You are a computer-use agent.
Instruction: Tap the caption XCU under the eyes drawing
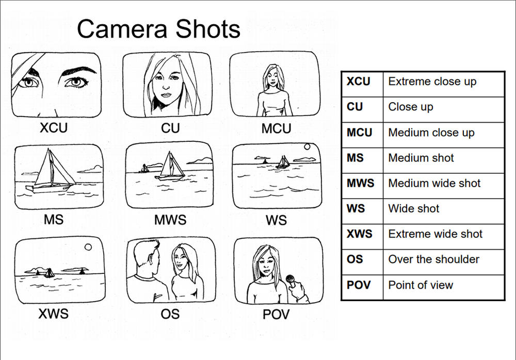(54, 128)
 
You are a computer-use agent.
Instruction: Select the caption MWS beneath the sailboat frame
(170, 220)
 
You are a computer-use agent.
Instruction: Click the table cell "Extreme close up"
(432, 81)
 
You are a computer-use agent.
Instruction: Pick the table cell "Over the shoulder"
(433, 259)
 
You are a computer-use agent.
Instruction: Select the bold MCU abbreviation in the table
(360, 133)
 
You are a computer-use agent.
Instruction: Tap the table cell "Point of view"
(421, 285)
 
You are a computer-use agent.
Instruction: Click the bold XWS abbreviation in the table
(360, 234)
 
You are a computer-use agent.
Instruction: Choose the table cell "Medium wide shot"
(434, 183)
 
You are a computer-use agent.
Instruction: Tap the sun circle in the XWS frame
(88, 247)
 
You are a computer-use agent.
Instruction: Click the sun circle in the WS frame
(308, 147)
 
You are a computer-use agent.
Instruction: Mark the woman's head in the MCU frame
(271, 77)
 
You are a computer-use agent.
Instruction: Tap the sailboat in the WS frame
(283, 162)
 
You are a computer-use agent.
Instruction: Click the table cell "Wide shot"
(414, 208)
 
